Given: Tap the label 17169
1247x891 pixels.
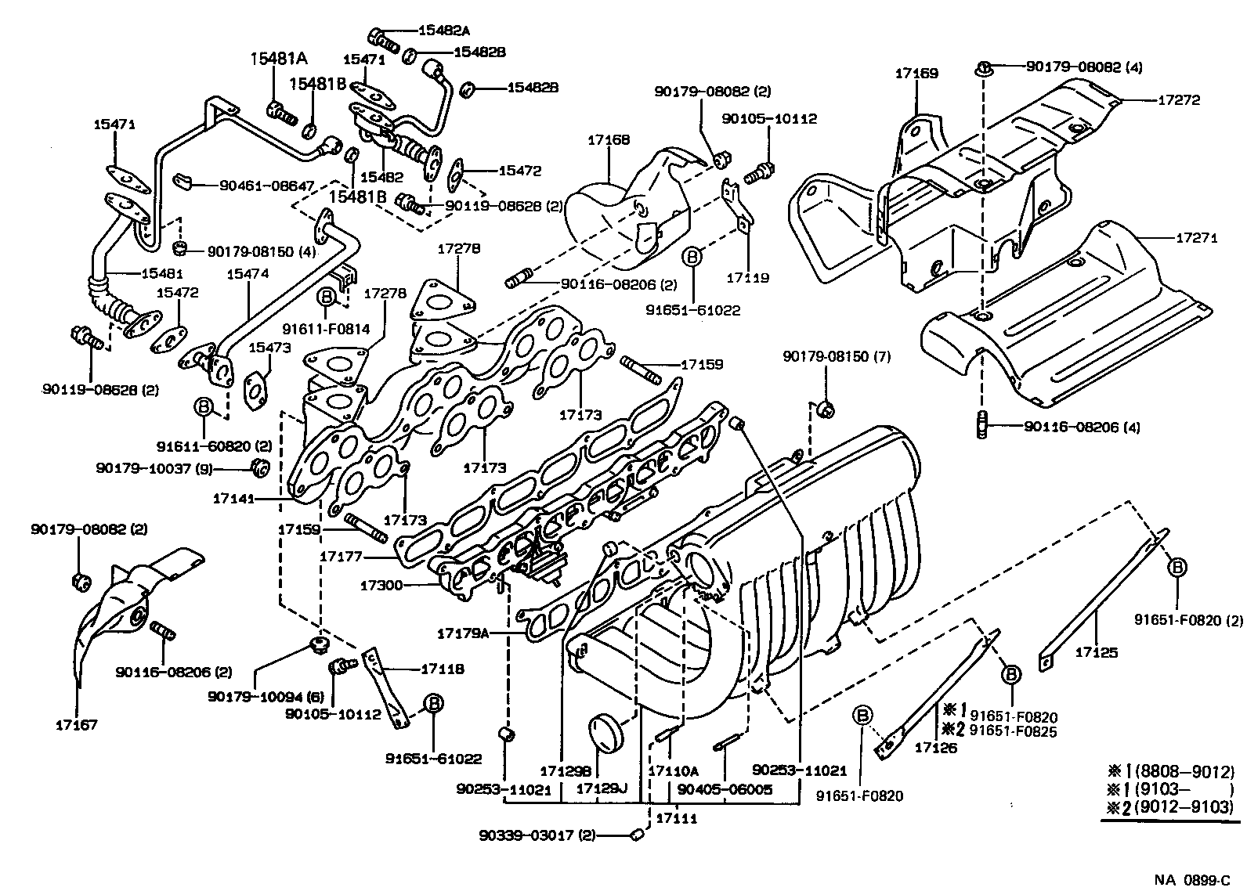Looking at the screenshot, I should pos(916,74).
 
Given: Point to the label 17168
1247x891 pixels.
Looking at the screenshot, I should pos(609,140).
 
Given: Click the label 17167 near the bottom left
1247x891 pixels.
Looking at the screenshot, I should pos(76,725).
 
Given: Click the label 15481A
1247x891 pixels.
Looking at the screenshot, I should pos(279,59).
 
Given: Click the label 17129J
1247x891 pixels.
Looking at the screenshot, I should pos(602,788).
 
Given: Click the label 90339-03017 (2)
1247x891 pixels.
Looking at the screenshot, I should pos(537,835).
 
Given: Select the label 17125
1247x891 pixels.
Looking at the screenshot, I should pos(1096,651).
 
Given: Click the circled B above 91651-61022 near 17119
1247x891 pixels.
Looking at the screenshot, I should pos(692,256).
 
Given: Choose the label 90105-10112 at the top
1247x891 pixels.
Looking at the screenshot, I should pos(768,119).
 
